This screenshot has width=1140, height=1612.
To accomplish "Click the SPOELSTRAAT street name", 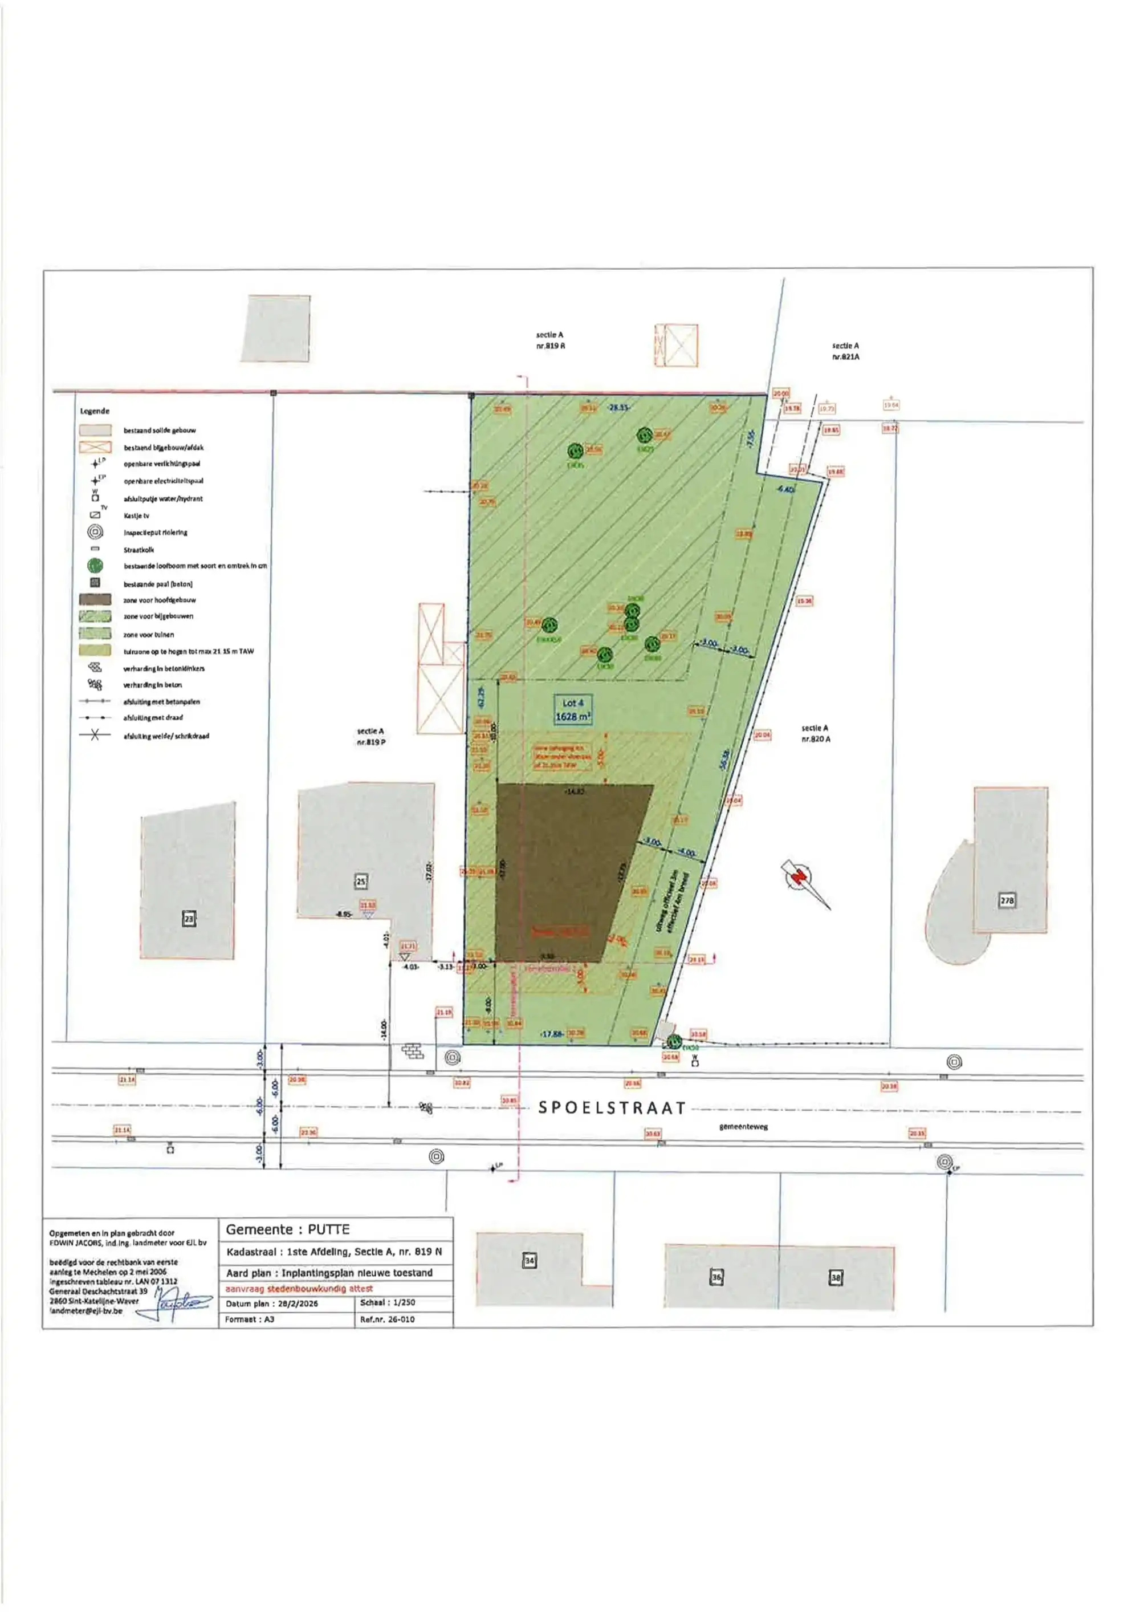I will coord(612,1108).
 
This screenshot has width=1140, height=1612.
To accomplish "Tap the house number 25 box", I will coord(361,881).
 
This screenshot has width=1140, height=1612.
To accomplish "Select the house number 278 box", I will coord(1007,900).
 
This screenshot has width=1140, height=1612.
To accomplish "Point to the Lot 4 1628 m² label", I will coord(573,710).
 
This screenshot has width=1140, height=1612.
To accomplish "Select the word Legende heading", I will coord(95,411).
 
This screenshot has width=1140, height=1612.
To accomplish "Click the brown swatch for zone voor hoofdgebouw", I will coord(95,600).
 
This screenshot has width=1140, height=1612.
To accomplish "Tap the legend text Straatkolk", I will coord(139,550).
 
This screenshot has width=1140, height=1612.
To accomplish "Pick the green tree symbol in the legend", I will coord(95,565).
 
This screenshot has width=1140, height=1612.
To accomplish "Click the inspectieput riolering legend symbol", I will coord(95,532).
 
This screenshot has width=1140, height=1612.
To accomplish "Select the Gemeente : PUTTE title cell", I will coord(288,1229).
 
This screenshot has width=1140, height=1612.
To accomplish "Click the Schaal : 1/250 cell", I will coord(388,1302).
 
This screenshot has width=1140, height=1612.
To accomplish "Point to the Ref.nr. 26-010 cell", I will coord(388,1319).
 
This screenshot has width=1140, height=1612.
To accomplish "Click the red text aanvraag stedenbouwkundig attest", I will coord(299,1288).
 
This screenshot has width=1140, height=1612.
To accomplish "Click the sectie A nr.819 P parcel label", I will coord(370,737).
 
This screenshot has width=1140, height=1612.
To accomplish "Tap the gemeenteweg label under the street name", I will coord(743,1126).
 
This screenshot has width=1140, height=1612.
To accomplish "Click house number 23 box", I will coord(188,919).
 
